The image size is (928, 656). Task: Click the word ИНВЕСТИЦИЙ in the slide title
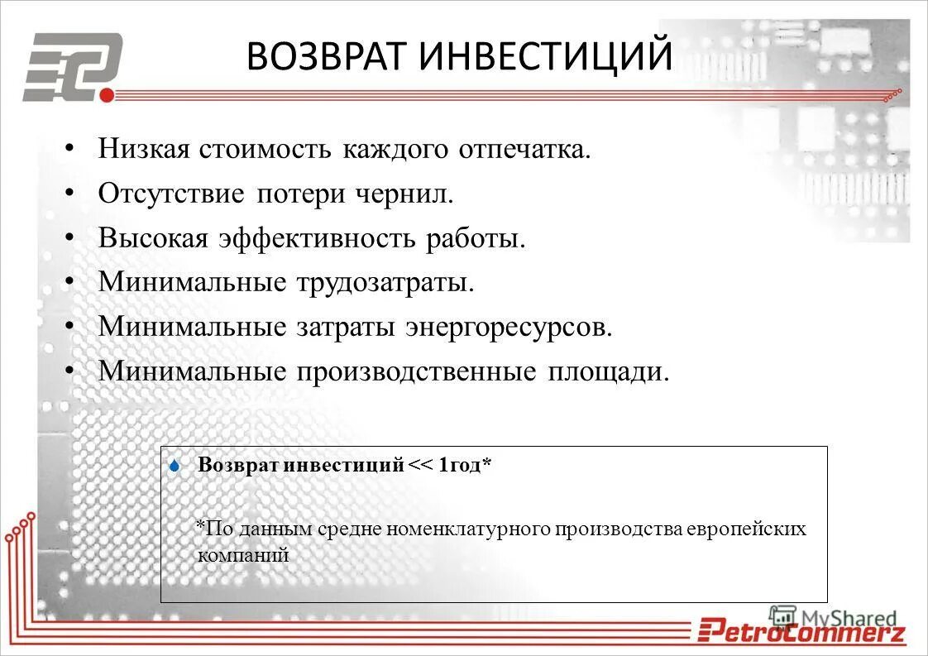547,57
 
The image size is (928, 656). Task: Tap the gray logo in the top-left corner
73,66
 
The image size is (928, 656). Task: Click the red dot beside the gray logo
106,95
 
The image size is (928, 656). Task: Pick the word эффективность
318,238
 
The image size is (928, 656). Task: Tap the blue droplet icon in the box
174,467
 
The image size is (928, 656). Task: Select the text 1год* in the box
465,466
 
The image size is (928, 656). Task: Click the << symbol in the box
420,466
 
